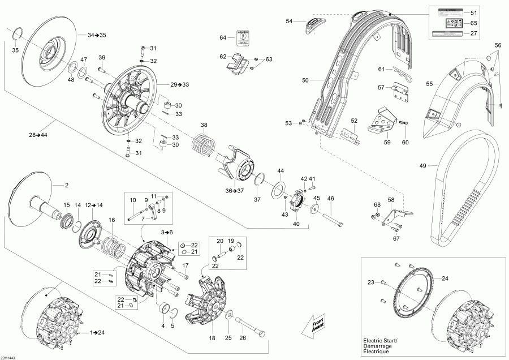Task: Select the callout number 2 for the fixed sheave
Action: [x=66, y=185]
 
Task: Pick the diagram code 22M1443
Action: [x=8, y=357]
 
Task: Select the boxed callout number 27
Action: [x=473, y=33]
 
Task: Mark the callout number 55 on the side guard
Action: [x=429, y=84]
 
